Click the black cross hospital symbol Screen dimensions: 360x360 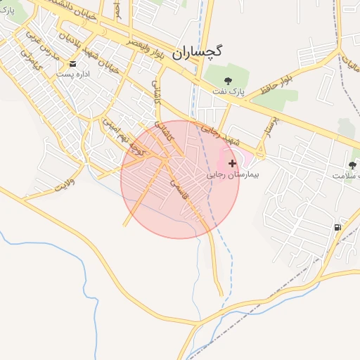233,162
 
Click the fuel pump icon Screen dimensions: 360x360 338,227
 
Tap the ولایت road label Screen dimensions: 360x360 64,186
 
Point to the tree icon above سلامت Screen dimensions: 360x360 352,166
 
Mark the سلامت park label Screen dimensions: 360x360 345,176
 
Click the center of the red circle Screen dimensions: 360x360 180,179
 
